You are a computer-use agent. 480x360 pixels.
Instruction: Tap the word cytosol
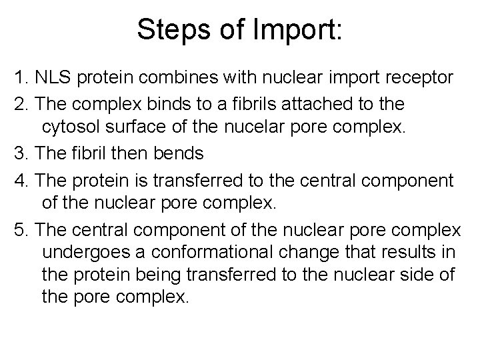(86, 129)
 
